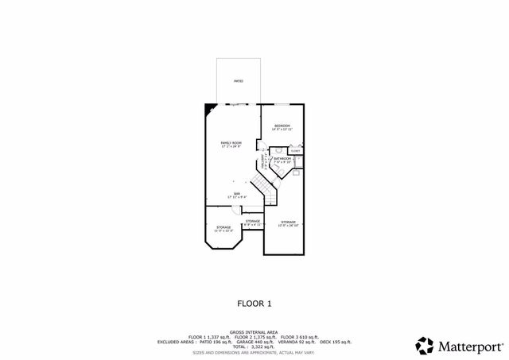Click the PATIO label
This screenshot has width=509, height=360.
pyautogui.click(x=238, y=81)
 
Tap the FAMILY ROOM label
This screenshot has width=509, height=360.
pyautogui.click(x=231, y=143)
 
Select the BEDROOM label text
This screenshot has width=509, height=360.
pyautogui.click(x=282, y=126)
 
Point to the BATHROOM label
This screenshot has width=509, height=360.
pyautogui.click(x=282, y=159)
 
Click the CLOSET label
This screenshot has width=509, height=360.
pyautogui.click(x=295, y=150)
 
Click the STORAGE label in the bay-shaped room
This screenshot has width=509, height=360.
pyautogui.click(x=224, y=227)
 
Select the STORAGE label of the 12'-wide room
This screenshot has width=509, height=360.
pyautogui.click(x=287, y=223)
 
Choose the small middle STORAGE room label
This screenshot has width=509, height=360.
pyautogui.click(x=253, y=221)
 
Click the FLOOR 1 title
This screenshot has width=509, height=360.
pyautogui.click(x=254, y=303)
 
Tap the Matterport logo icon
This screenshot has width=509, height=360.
pyautogui.click(x=425, y=346)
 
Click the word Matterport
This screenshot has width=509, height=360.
pyautogui.click(x=469, y=346)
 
